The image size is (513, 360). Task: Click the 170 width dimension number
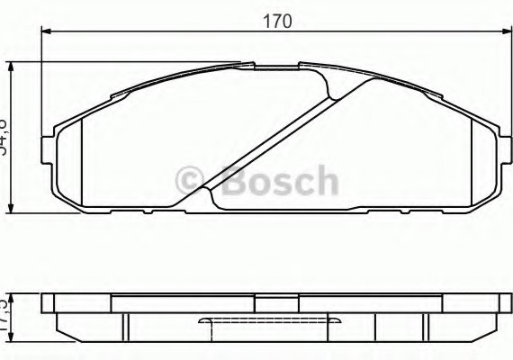[276, 21]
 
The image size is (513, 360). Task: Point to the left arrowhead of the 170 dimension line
[46, 31]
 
